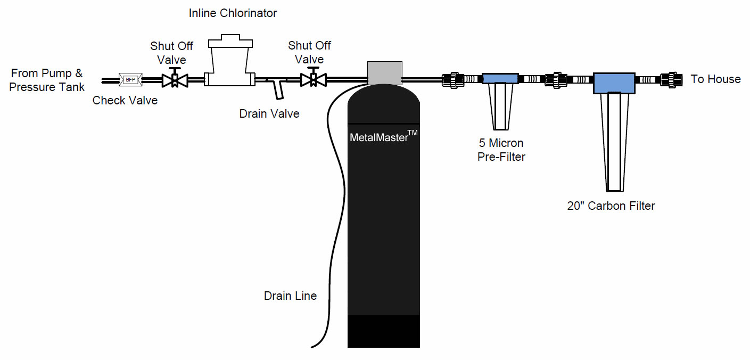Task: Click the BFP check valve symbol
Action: point(129,80)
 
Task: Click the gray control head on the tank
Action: point(384,71)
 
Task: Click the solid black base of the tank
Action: point(383,331)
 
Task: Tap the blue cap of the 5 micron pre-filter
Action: point(500,79)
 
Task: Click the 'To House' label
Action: point(715,79)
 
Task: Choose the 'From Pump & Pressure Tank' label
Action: point(47,80)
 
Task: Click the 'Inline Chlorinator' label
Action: point(233,13)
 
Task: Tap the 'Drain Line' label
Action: point(290,296)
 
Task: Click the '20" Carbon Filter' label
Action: point(611,206)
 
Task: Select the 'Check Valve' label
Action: point(125,100)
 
